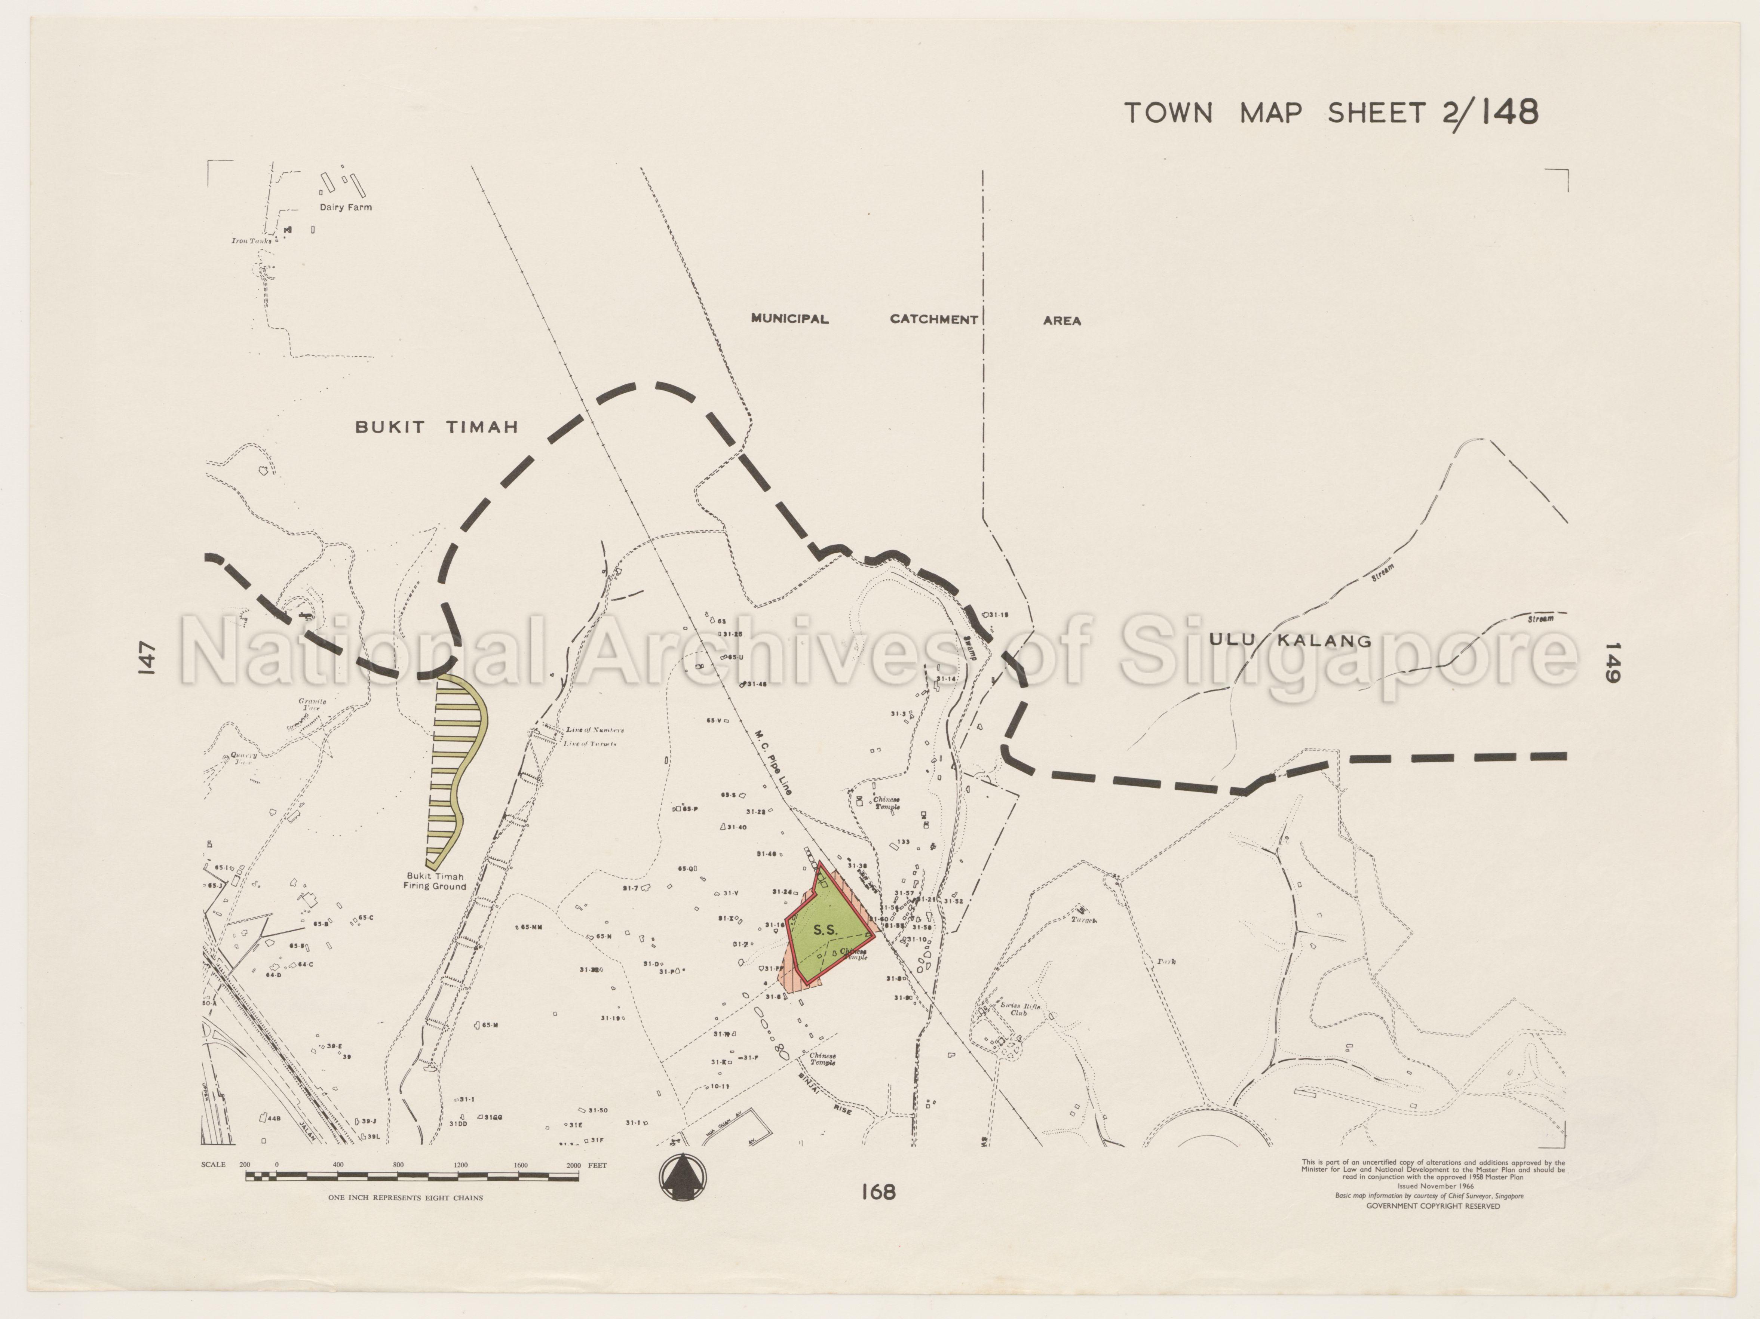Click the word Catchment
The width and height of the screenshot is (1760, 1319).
click(x=933, y=319)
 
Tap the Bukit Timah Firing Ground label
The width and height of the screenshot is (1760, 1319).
click(x=435, y=881)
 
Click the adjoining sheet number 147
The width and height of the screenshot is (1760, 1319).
click(x=145, y=658)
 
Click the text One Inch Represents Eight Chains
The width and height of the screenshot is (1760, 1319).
click(x=405, y=1197)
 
